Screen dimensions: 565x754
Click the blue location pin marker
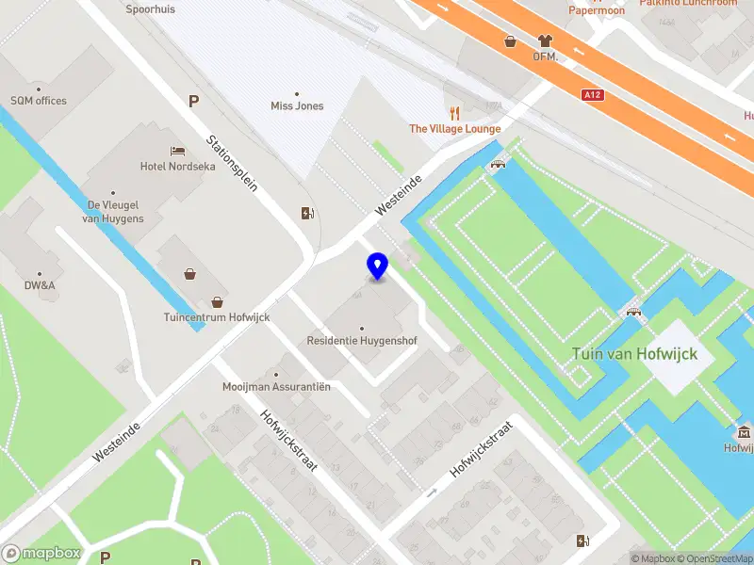pos(378,266)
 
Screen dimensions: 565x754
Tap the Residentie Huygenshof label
pos(362,340)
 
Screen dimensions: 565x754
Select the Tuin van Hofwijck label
pos(634,354)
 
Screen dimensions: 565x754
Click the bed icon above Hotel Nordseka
pos(177,151)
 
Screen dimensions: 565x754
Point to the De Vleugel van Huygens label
pos(114,212)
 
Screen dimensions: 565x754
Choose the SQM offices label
pos(39,101)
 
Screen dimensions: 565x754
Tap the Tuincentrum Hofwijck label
pos(217,317)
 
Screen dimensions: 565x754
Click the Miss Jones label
pos(297,105)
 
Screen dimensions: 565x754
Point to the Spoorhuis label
pos(151,9)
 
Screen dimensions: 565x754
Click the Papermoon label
pos(598,10)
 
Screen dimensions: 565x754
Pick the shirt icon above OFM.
pos(545,40)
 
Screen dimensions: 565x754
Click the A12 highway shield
pos(593,94)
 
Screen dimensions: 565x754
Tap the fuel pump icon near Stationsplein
pos(305,213)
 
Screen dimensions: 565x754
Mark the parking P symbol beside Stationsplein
pos(194,102)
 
